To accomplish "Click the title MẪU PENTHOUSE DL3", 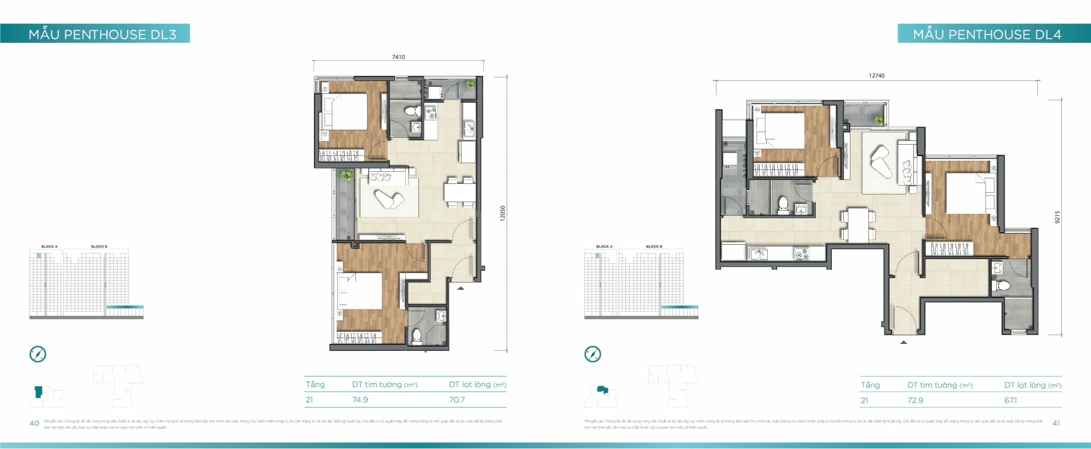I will pos(102,34).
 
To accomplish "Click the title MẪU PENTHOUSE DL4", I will pos(987,34).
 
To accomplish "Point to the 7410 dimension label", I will pos(398,57).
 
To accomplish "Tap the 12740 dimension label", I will pos(876,76).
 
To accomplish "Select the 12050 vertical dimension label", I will pos(502,213).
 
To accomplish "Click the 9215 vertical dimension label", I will pos(1057,217).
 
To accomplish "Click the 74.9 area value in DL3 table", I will pos(360,400).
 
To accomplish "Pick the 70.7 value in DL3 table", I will pos(457,400).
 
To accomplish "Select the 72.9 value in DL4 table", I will pos(915,400).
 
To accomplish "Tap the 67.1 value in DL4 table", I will pos(1010,400).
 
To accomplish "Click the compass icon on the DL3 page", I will pos(38,354).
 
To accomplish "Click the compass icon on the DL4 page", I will pos(593,354).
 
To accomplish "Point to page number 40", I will pos(34,423).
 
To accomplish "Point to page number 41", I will pos(1056,423).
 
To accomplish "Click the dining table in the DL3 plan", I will pos(459,192).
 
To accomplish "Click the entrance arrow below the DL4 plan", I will pos(903,343).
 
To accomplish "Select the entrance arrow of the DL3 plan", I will pos(460,288).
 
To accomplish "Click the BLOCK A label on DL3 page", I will pos(49,246).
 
